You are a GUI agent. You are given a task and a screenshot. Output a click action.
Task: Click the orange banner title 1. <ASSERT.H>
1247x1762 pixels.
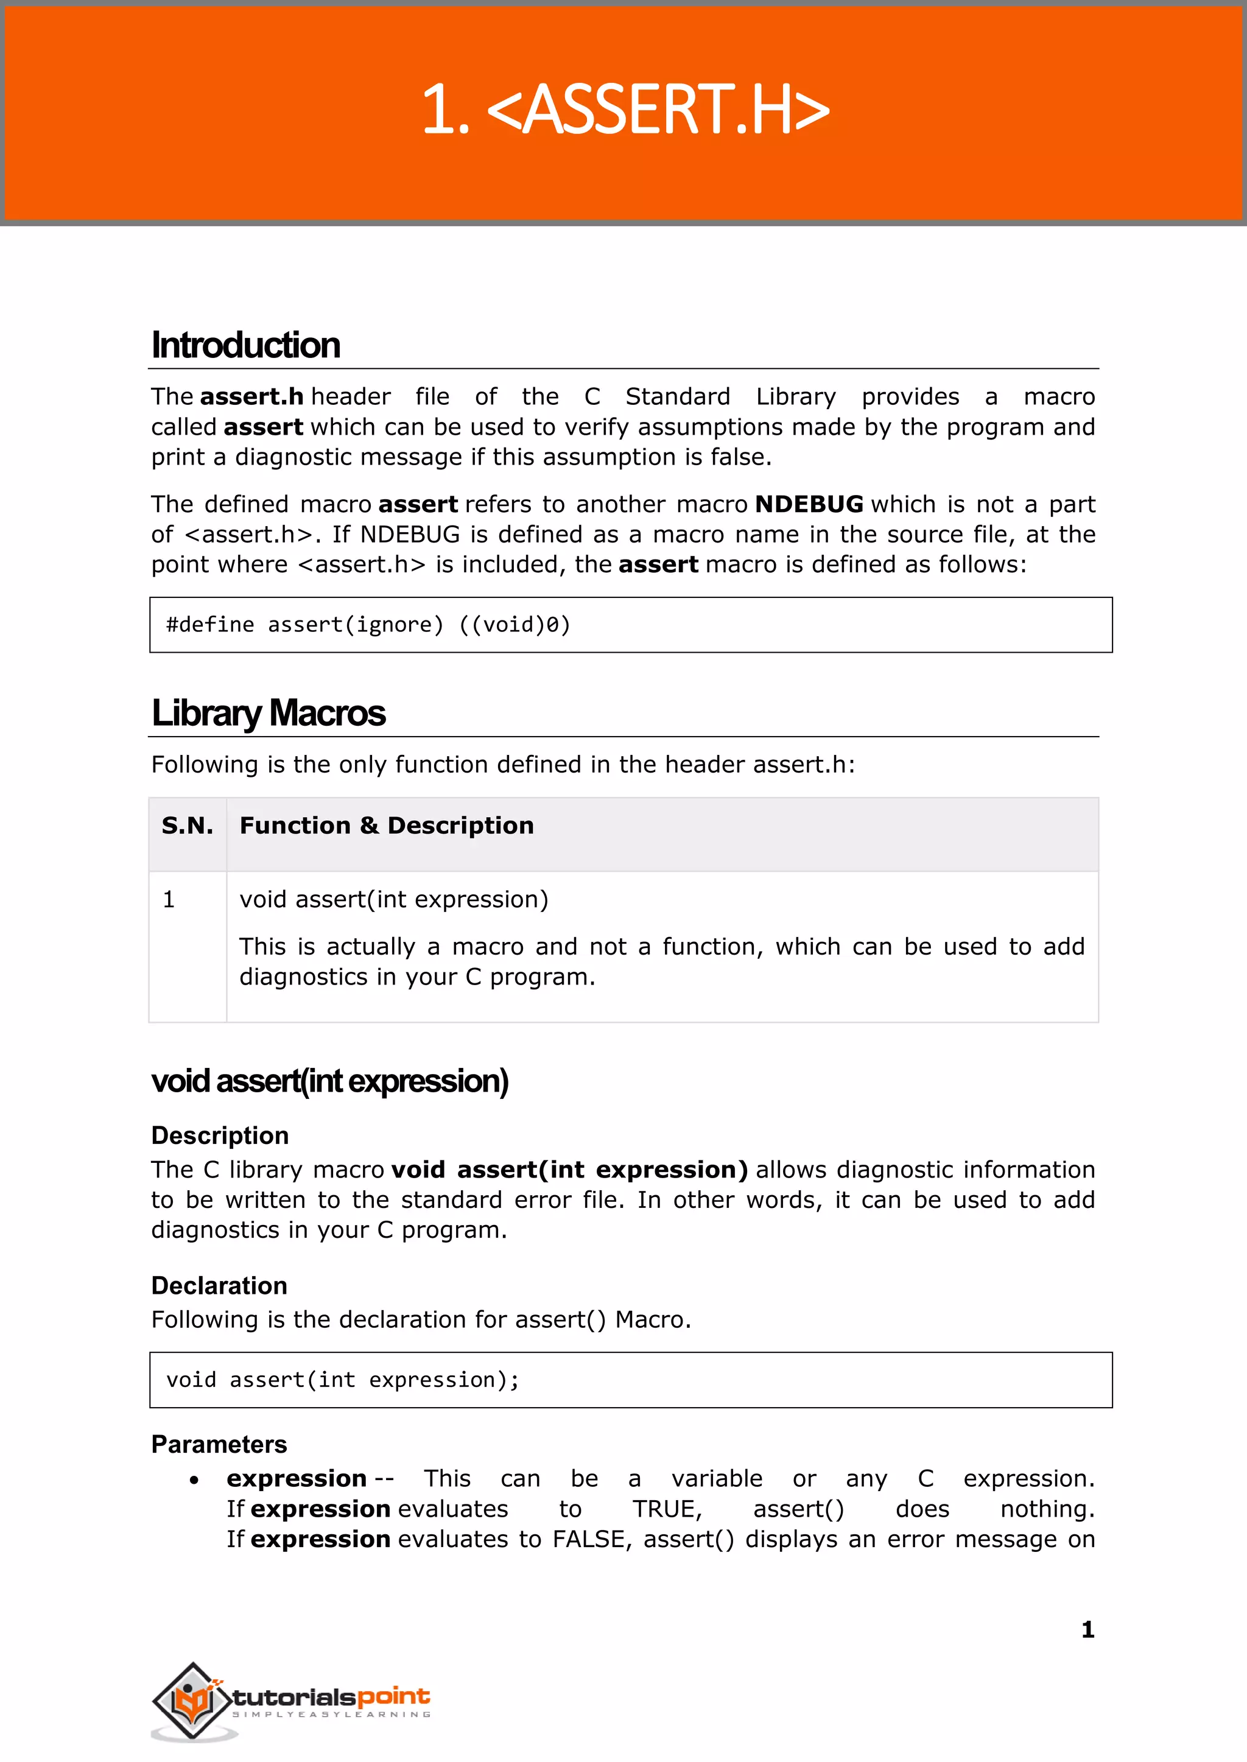pyautogui.click(x=625, y=110)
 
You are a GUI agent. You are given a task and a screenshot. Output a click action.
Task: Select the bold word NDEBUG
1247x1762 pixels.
pyautogui.click(x=809, y=504)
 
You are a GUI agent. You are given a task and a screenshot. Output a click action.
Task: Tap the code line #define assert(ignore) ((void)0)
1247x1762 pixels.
pyautogui.click(x=368, y=625)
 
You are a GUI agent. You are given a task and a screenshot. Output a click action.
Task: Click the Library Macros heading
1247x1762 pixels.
pyautogui.click(x=268, y=713)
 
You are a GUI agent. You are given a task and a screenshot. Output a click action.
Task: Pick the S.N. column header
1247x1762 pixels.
pyautogui.click(x=188, y=826)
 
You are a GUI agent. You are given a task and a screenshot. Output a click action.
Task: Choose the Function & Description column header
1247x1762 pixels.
pyautogui.click(x=386, y=826)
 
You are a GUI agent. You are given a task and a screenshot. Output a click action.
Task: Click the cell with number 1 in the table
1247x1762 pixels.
pyautogui.click(x=169, y=899)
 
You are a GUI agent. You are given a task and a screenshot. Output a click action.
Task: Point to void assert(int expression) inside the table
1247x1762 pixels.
pyautogui.click(x=393, y=899)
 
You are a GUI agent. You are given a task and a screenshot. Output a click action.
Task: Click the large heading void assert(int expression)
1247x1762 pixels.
pyautogui.click(x=329, y=1081)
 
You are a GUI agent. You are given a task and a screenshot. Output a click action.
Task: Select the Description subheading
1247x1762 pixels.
pyautogui.click(x=220, y=1135)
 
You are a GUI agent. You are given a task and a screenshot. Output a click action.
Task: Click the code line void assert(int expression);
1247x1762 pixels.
pyautogui.click(x=342, y=1380)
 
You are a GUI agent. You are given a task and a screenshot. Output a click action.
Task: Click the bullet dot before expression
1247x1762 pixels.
pyautogui.click(x=194, y=1480)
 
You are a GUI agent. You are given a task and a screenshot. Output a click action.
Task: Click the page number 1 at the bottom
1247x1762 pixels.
pyautogui.click(x=1087, y=1629)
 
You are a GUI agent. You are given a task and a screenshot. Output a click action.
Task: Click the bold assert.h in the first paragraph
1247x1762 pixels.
pyautogui.click(x=252, y=397)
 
